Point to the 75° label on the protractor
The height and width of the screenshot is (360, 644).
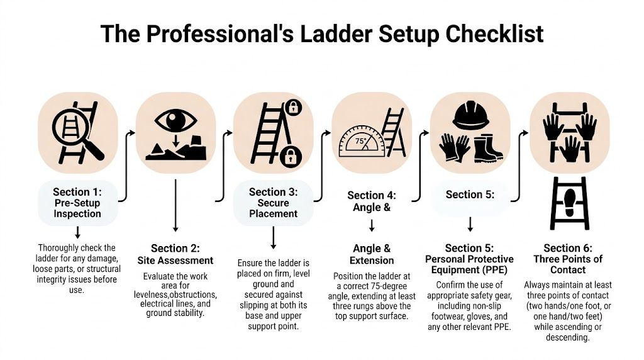tap(361, 142)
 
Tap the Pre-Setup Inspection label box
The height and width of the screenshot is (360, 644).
tap(76, 203)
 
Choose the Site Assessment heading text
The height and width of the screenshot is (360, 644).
tap(175, 260)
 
